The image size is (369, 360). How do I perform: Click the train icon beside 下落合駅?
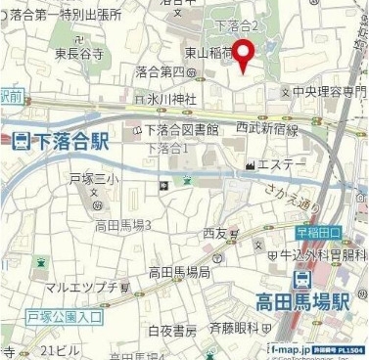point(23,142)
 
